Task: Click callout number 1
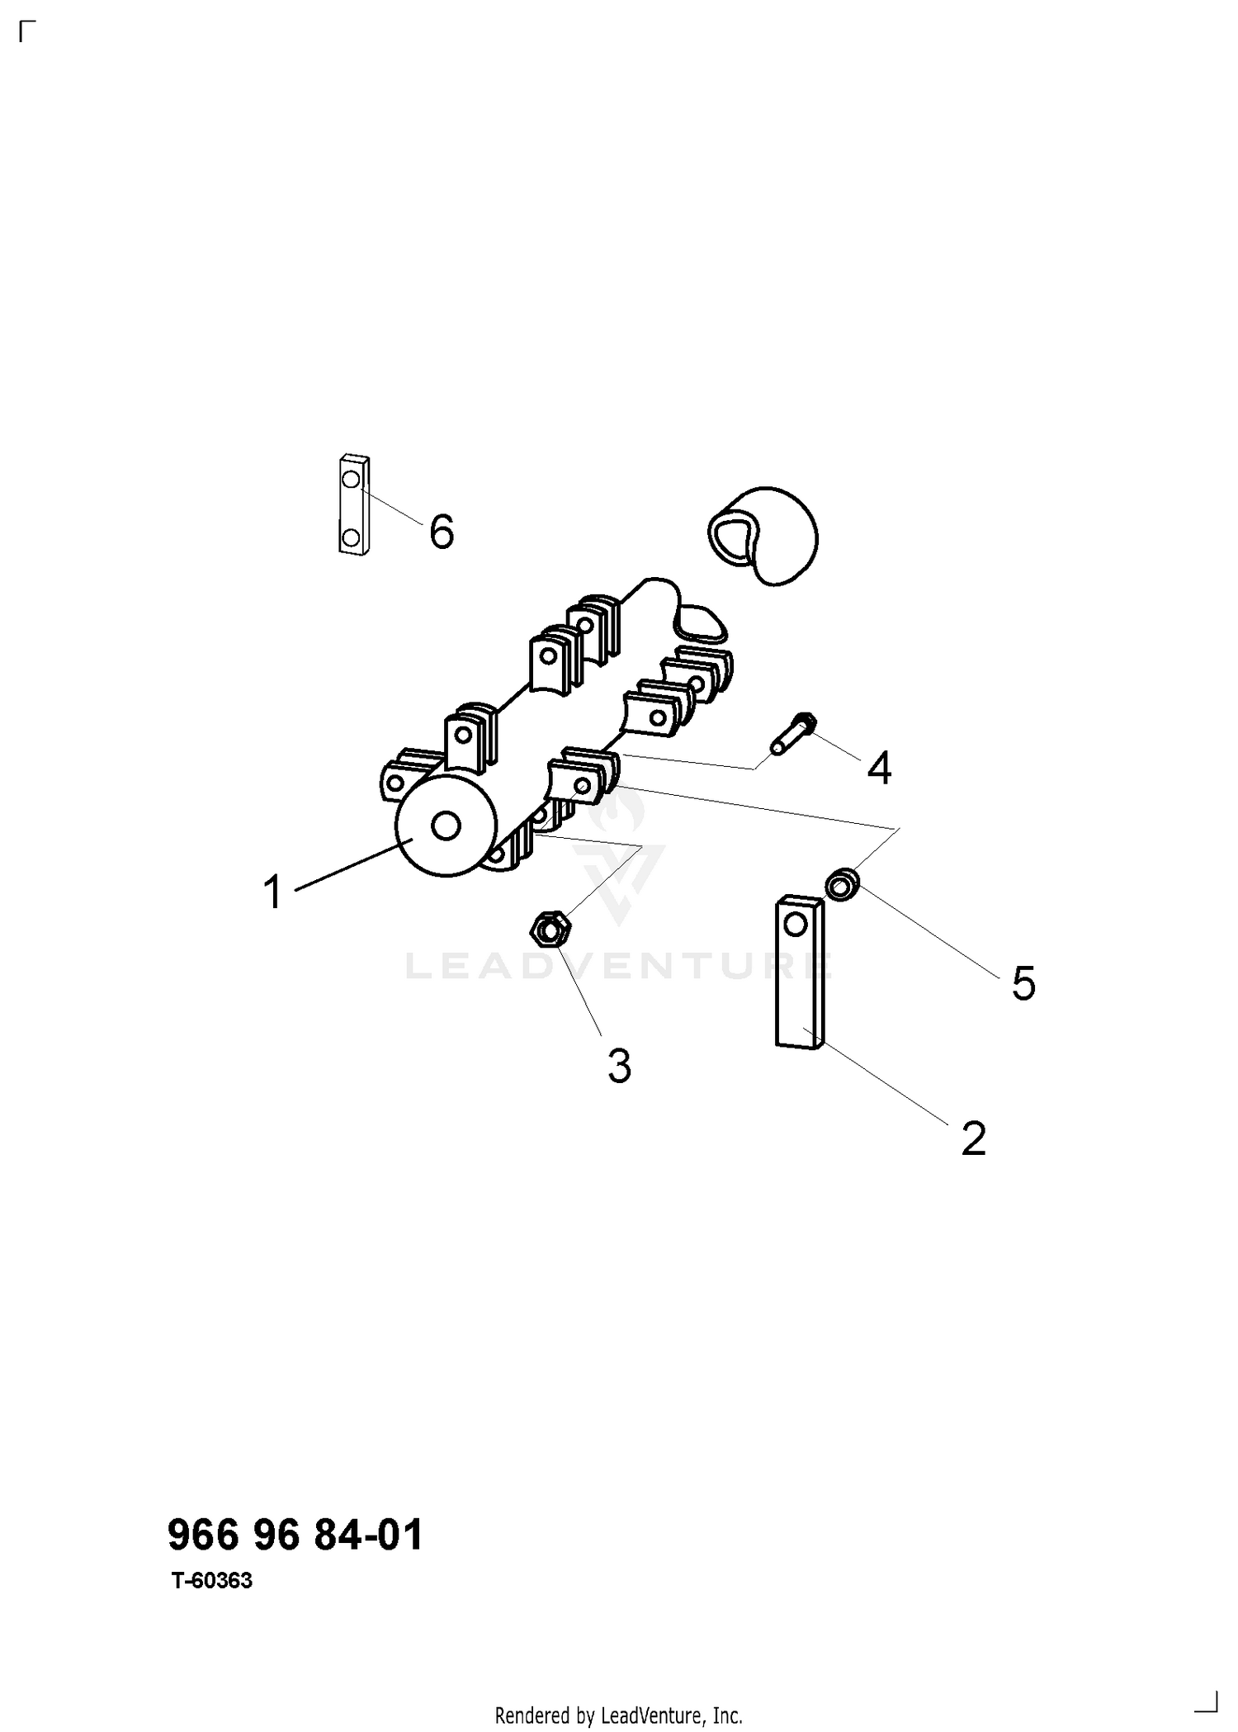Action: click(x=273, y=892)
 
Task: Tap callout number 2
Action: click(x=974, y=1139)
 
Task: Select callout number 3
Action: click(x=620, y=1066)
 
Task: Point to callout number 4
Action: click(x=880, y=769)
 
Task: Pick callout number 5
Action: click(x=1023, y=983)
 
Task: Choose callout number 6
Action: click(x=442, y=531)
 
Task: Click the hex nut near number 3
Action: click(x=548, y=930)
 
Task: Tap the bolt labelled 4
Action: click(x=794, y=733)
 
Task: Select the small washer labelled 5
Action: click(x=843, y=885)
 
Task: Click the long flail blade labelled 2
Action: click(x=799, y=972)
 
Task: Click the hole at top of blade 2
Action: click(x=795, y=923)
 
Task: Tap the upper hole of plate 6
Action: click(x=351, y=479)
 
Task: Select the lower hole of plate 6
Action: click(x=351, y=538)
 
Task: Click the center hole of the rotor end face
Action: click(x=447, y=826)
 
